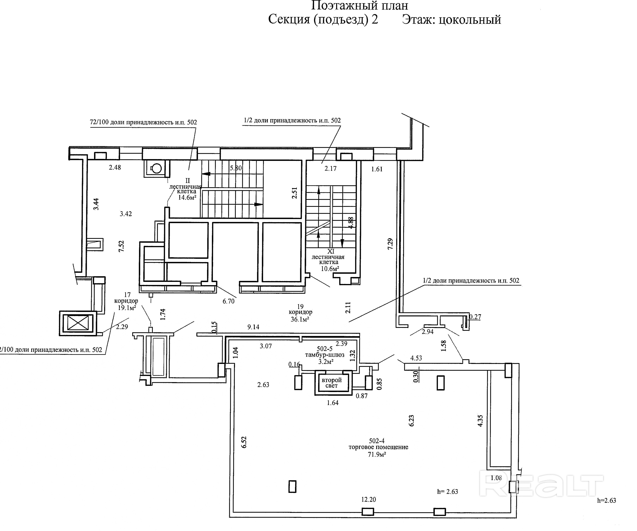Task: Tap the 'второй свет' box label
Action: (332, 383)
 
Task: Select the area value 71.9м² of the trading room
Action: (377, 455)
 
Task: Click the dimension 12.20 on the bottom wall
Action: (369, 499)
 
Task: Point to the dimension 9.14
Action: (253, 327)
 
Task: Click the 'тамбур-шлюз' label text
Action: (325, 355)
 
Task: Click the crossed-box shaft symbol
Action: (78, 323)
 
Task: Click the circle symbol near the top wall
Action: (157, 168)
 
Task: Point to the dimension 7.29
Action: (390, 244)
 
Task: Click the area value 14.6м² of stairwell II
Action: (187, 198)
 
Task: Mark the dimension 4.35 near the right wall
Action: (480, 421)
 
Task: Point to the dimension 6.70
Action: (228, 301)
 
